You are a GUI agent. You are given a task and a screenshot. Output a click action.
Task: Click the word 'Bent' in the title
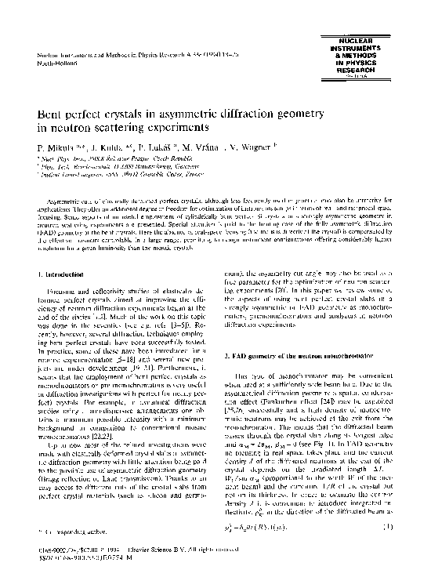click(x=54, y=116)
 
